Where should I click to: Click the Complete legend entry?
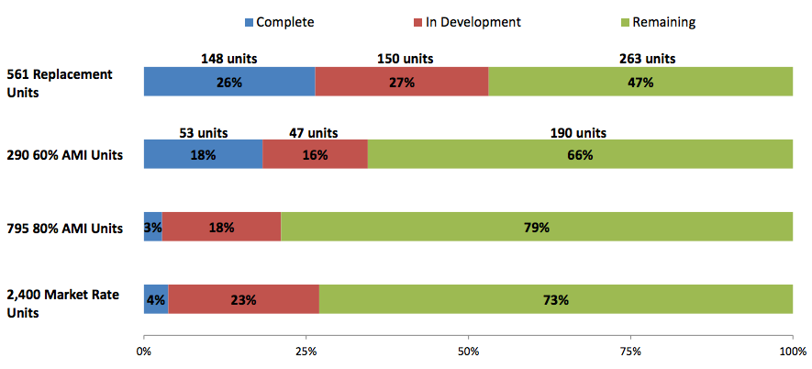[278, 21]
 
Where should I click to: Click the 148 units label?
[229, 59]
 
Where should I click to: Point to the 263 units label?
[647, 59]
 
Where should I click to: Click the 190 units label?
[579, 132]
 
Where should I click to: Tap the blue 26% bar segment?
[229, 82]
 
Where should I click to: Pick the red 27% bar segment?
[402, 82]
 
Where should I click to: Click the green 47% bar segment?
[640, 82]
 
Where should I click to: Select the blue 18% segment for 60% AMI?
[203, 155]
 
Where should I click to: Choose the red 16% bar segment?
[315, 155]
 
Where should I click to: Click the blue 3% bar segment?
[152, 227]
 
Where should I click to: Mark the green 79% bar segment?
[537, 227]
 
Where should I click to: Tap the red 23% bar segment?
[243, 299]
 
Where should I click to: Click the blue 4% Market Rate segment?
[156, 299]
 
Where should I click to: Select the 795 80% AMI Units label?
[64, 228]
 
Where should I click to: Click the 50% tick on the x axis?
[468, 351]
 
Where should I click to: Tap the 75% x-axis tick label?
[630, 351]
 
